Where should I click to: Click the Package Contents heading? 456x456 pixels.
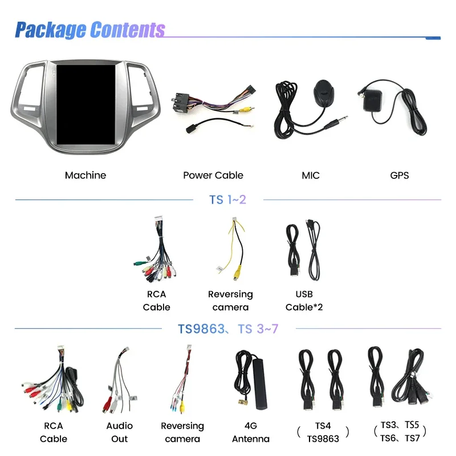[x=89, y=29]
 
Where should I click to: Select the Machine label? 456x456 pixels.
[x=85, y=176]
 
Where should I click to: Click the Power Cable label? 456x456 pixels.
[x=213, y=176]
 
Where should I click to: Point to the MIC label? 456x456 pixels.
[x=311, y=176]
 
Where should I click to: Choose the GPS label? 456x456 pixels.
[x=400, y=176]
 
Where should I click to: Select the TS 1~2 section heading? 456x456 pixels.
[x=228, y=200]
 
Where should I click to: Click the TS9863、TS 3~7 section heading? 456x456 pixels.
[x=228, y=329]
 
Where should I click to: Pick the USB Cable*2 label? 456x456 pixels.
[x=304, y=301]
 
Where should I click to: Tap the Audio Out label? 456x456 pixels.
[x=120, y=432]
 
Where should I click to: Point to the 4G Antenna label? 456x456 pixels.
[x=251, y=432]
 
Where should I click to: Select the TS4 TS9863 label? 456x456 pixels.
[x=323, y=432]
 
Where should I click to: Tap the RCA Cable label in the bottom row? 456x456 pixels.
[x=54, y=432]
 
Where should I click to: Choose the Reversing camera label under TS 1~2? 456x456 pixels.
[x=230, y=301]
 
